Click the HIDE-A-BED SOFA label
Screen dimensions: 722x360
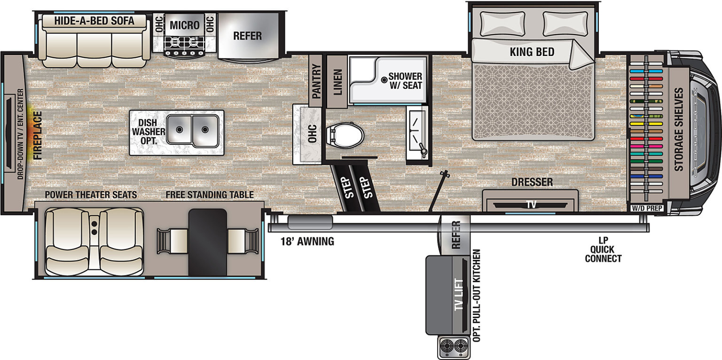(x=94, y=21)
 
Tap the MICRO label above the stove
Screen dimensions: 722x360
(x=185, y=25)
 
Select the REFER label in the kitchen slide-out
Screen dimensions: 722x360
(x=248, y=36)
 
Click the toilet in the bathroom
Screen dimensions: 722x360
(x=345, y=135)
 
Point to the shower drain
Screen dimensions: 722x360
(x=384, y=80)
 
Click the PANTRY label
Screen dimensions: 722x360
(x=316, y=81)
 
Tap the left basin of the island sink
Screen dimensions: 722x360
(x=179, y=130)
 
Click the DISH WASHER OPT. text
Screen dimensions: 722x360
(x=149, y=132)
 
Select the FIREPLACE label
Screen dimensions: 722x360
(x=38, y=135)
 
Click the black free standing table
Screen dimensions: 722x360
(x=208, y=243)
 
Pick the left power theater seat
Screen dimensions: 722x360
(x=67, y=242)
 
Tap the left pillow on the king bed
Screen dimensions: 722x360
(x=502, y=23)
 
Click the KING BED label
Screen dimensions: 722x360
(x=532, y=52)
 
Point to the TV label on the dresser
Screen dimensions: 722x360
(x=531, y=204)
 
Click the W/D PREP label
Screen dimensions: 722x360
(x=647, y=208)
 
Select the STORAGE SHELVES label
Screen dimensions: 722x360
(x=679, y=129)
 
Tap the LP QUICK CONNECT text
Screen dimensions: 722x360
(x=603, y=250)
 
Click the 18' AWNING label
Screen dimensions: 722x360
(x=307, y=242)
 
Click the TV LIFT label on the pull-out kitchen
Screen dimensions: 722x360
(x=459, y=295)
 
